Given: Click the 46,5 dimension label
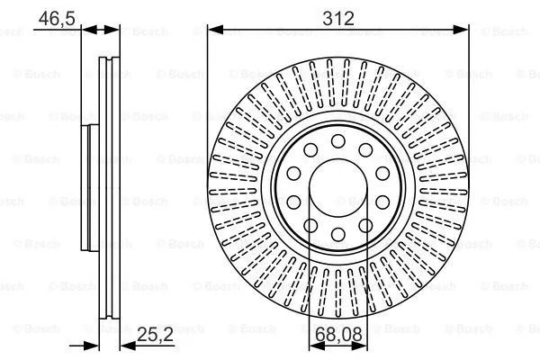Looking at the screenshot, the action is pyautogui.click(x=57, y=18).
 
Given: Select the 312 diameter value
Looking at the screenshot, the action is pyautogui.click(x=338, y=18).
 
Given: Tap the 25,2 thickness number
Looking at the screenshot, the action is pyautogui.click(x=156, y=334).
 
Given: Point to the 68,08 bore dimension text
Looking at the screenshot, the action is pyautogui.click(x=338, y=334).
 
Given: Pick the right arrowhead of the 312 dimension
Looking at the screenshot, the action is pyautogui.click(x=461, y=30).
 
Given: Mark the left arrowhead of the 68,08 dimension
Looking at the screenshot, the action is pyautogui.click(x=317, y=346).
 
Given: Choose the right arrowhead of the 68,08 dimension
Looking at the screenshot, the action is pyautogui.click(x=359, y=346).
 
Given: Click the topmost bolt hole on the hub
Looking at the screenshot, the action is pyautogui.click(x=337, y=141).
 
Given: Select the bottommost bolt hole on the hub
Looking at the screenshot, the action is pyautogui.click(x=337, y=234).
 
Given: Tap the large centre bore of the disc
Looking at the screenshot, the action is pyautogui.click(x=337, y=188).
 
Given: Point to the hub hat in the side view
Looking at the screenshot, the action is pyautogui.click(x=90, y=188).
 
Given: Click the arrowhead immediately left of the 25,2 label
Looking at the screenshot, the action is pyautogui.click(x=128, y=346).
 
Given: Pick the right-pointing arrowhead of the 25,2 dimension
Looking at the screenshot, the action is pyautogui.click(x=91, y=346).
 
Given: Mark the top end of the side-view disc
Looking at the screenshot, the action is pyautogui.click(x=110, y=58).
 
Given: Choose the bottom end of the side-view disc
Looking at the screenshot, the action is pyautogui.click(x=110, y=318).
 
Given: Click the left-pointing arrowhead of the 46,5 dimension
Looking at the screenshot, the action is pyautogui.click(x=89, y=30).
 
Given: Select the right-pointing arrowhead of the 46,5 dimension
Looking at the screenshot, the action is pyautogui.click(x=112, y=30).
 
